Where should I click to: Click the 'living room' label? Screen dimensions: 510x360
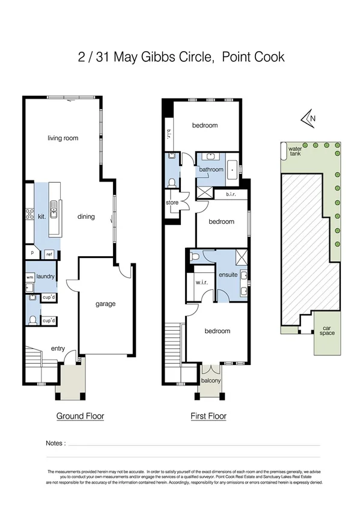point(63,138)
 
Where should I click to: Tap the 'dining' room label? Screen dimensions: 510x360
point(86,217)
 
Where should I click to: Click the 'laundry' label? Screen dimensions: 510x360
point(46,277)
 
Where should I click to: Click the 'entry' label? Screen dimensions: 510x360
point(58,349)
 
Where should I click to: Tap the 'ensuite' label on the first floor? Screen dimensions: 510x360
point(228,275)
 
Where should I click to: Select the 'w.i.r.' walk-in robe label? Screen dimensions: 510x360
point(201,282)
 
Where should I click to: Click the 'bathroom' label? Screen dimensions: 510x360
point(211,170)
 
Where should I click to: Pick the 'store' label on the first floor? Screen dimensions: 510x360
point(172,203)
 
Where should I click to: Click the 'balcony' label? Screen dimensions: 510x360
point(210,381)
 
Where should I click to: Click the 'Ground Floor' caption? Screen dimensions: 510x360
point(80,416)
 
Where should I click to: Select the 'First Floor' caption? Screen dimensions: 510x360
point(208,416)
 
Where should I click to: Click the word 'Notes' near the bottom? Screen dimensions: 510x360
point(55,443)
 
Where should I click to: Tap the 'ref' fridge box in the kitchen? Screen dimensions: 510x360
point(50,254)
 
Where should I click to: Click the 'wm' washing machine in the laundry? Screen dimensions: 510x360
point(29,277)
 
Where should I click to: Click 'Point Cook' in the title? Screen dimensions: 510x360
point(252,58)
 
